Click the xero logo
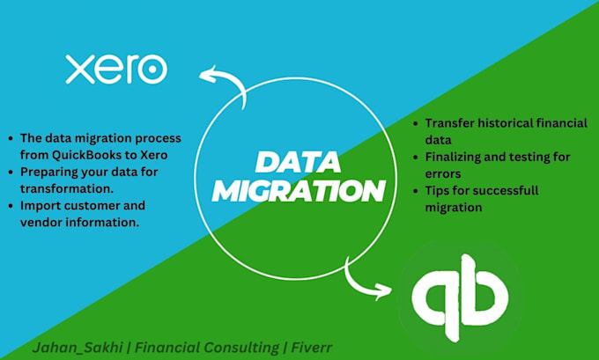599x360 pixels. pyautogui.click(x=115, y=68)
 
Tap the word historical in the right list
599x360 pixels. pyautogui.click(x=514, y=123)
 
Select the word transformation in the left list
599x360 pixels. pyautogui.click(x=72, y=188)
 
